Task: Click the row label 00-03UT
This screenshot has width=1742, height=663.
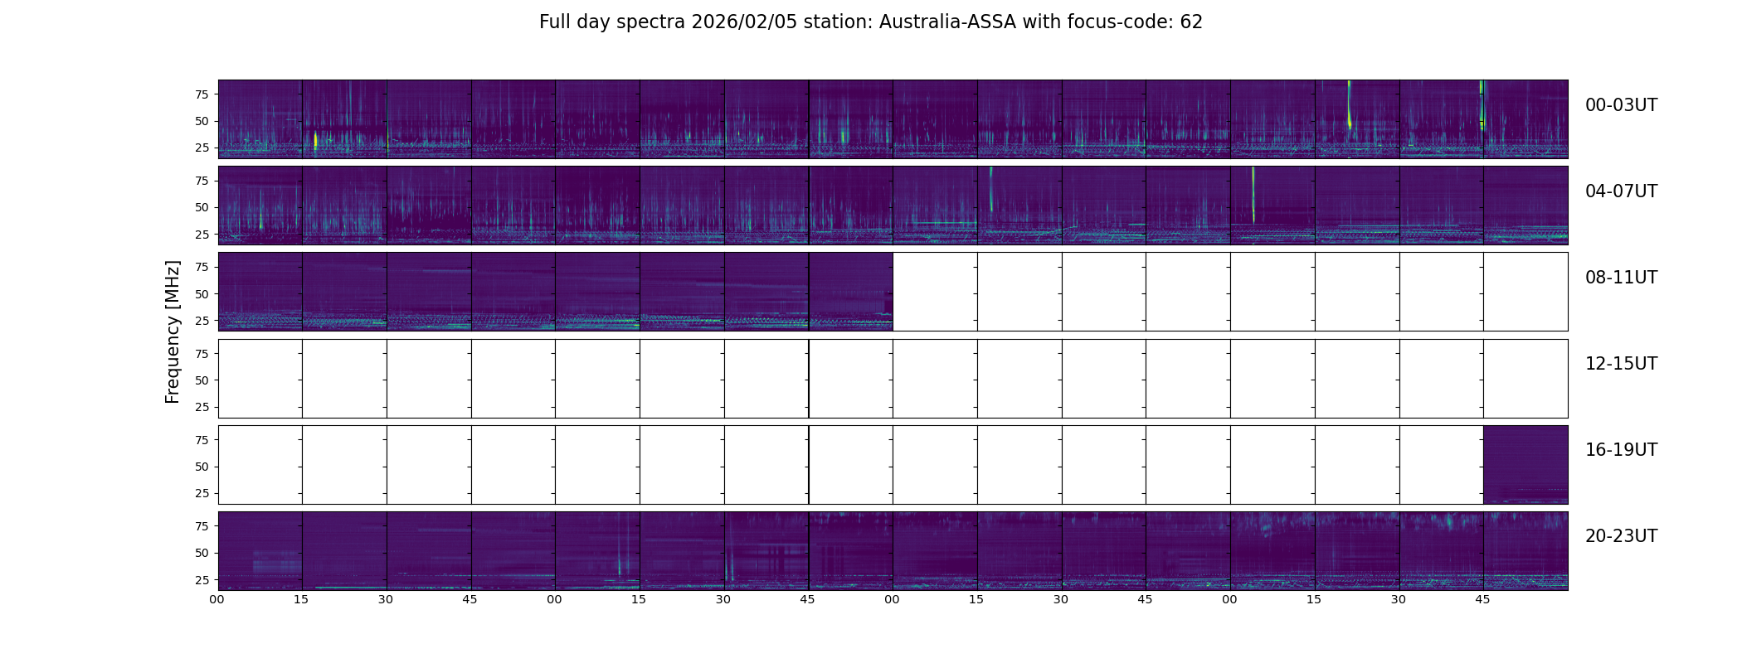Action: coord(1621,105)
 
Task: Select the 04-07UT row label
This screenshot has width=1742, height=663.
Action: coord(1621,191)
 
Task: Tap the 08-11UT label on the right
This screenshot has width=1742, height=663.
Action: coord(1621,278)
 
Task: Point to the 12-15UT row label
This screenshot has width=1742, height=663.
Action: coord(1621,364)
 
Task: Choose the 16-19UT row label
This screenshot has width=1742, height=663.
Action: coord(1621,450)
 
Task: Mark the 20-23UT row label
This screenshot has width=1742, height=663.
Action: coord(1621,536)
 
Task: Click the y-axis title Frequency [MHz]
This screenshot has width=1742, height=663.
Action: coord(173,331)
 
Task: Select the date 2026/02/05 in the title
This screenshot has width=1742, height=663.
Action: coord(749,22)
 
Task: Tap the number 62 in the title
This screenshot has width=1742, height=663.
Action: coord(1191,22)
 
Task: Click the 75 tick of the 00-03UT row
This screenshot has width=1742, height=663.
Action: coord(202,94)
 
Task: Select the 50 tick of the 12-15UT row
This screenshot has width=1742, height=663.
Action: coord(202,380)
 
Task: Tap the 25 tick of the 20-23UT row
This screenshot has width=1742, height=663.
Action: coord(202,580)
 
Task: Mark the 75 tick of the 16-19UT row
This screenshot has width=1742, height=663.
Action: coord(202,440)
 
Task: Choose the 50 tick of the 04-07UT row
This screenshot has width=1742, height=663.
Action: coord(202,208)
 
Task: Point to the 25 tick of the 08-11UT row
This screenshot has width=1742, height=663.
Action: coord(202,321)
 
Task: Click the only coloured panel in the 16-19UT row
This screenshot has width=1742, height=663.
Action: coord(1525,465)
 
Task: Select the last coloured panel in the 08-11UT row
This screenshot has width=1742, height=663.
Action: coord(850,292)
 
